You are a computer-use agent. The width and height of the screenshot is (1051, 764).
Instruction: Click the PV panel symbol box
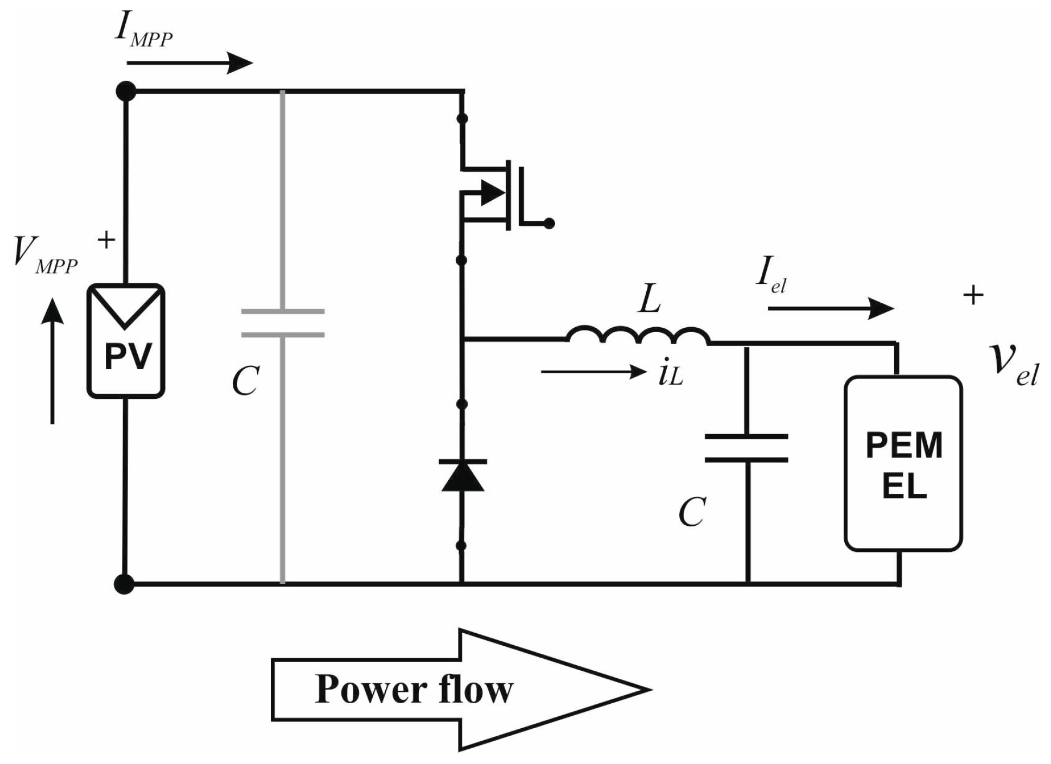click(x=126, y=341)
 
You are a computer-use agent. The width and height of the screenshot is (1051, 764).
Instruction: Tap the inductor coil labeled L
click(x=638, y=336)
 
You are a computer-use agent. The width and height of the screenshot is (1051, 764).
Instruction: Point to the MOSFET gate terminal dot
click(x=549, y=223)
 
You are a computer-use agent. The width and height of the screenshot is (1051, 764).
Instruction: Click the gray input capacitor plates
click(x=283, y=323)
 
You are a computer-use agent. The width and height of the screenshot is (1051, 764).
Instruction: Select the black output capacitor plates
click(x=747, y=448)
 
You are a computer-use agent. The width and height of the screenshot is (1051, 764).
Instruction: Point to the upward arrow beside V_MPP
click(x=53, y=360)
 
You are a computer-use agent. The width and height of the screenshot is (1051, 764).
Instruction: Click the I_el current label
click(x=770, y=275)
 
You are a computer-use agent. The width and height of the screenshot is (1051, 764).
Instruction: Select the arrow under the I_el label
click(x=830, y=309)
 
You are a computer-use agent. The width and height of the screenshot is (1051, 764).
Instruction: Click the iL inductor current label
click(x=670, y=374)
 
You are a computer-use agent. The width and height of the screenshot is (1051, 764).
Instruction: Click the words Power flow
click(x=413, y=690)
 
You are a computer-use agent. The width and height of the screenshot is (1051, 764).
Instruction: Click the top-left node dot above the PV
click(x=126, y=91)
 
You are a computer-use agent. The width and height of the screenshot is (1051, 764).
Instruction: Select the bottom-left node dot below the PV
click(x=124, y=584)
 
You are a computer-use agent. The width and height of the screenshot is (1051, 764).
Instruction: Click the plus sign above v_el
click(x=973, y=295)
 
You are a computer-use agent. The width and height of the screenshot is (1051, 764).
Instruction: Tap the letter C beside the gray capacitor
click(x=245, y=381)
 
